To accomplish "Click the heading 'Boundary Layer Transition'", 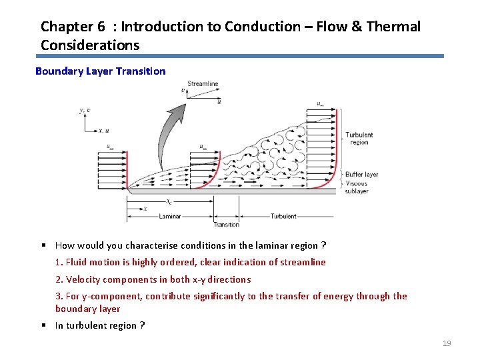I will click(x=100, y=71).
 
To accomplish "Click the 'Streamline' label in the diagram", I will click(x=203, y=84).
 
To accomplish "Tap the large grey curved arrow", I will click(x=170, y=133).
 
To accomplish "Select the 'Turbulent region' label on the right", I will click(x=359, y=139).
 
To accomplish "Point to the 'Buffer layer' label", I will click(x=361, y=175).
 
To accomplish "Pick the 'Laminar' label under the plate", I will click(x=170, y=216).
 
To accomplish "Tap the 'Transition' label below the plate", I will click(x=226, y=225).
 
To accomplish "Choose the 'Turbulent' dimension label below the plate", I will click(x=283, y=216).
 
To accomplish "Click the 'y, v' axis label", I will click(x=84, y=111).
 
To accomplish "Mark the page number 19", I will click(x=447, y=343).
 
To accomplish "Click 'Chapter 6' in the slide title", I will click(x=73, y=27).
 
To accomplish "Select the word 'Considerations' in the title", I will click(x=90, y=45).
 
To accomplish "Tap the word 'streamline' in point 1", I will click(x=303, y=262).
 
